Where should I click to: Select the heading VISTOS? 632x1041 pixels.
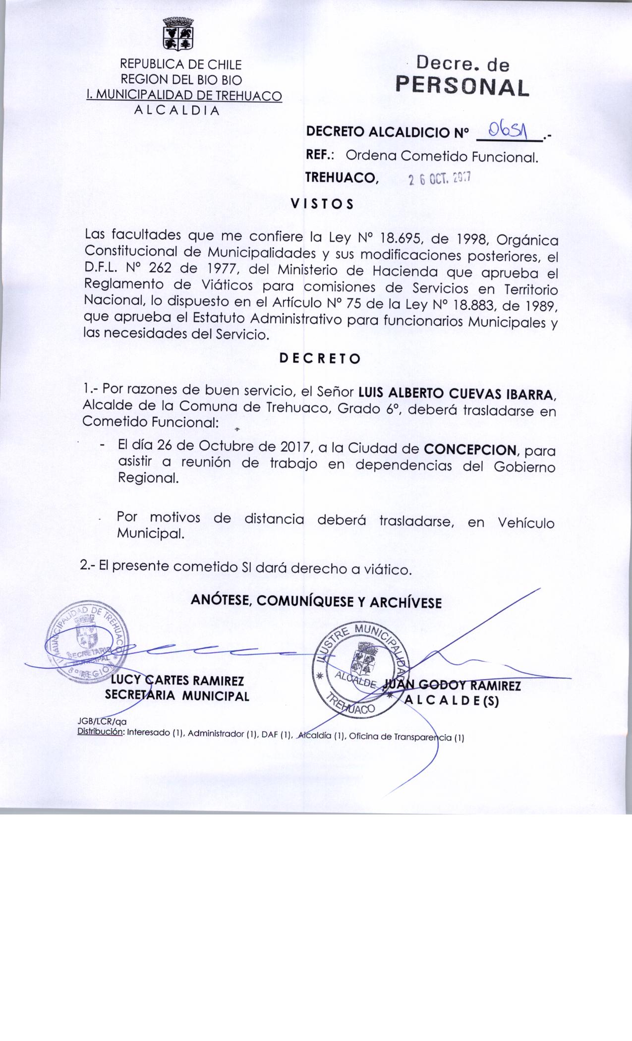coord(322,204)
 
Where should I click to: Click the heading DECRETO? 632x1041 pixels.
coord(320,358)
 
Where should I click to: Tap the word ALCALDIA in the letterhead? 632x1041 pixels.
coord(176,110)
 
